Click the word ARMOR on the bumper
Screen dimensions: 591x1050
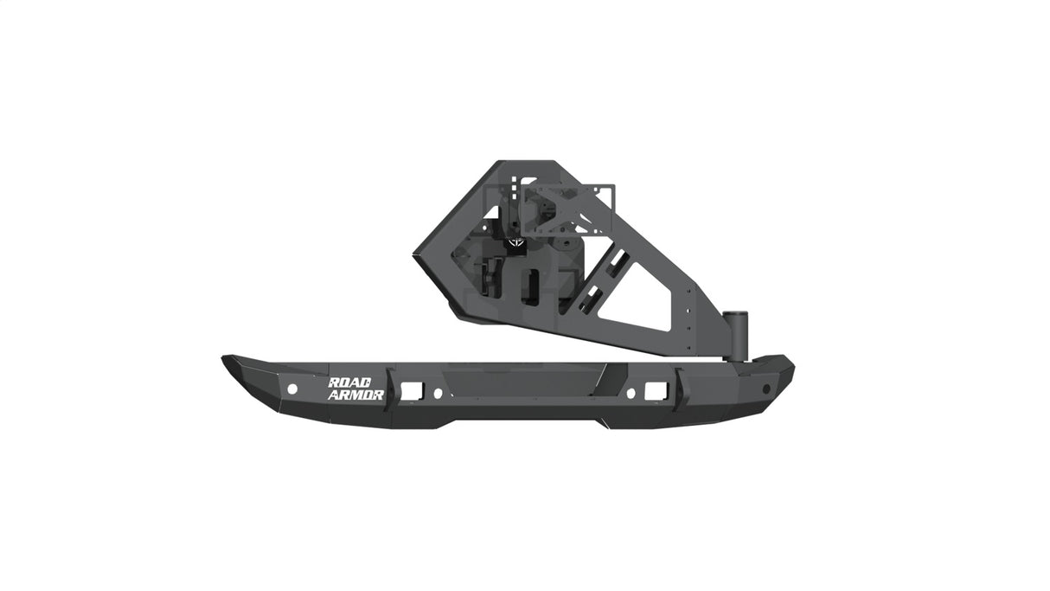click(355, 395)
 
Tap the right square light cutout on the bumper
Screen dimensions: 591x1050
click(656, 391)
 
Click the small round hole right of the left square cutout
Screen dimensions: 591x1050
click(438, 393)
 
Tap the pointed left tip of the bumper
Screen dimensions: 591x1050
click(227, 360)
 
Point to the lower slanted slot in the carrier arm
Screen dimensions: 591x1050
click(589, 299)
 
